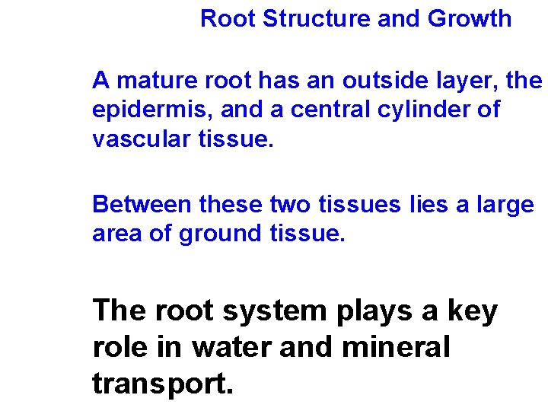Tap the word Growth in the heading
(x=470, y=19)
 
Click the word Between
(x=142, y=205)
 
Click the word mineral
(x=397, y=348)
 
